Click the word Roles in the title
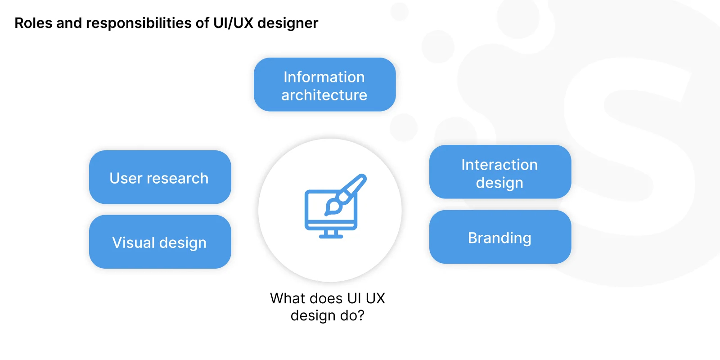[x=33, y=23]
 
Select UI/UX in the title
[x=234, y=23]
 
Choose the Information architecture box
[x=324, y=85]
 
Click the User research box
[x=160, y=177]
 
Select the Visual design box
[x=160, y=242]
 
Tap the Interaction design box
[x=500, y=171]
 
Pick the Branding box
[x=500, y=237]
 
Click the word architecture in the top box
[x=324, y=95]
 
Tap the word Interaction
[x=499, y=165]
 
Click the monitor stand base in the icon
[x=331, y=237]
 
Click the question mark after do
[x=360, y=315]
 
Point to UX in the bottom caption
[x=375, y=298]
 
